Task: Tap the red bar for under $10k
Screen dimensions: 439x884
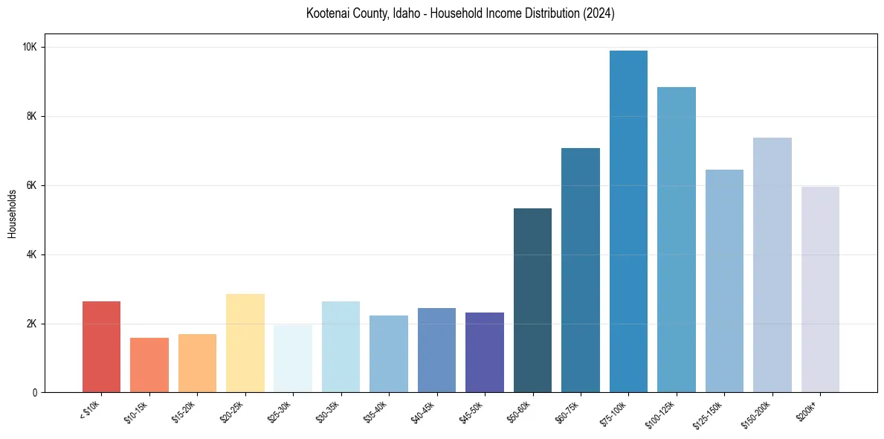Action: coord(101,347)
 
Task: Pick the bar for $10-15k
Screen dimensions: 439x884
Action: coord(149,365)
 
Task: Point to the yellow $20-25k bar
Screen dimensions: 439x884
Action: coord(245,343)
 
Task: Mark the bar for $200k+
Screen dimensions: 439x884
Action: coord(820,289)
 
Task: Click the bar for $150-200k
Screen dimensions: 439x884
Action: coord(772,265)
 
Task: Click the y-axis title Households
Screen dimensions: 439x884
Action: coord(12,214)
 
